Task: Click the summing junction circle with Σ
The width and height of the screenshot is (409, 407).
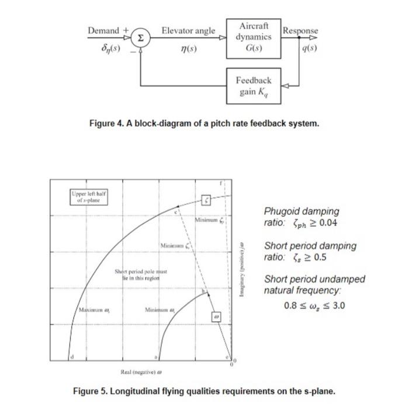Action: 140,37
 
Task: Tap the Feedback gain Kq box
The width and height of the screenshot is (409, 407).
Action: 253,85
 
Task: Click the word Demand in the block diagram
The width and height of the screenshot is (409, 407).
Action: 105,30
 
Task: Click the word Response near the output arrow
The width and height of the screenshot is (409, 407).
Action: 300,30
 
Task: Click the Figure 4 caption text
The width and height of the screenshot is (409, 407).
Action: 204,124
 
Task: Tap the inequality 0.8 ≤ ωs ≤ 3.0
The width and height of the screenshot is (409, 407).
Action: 314,305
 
